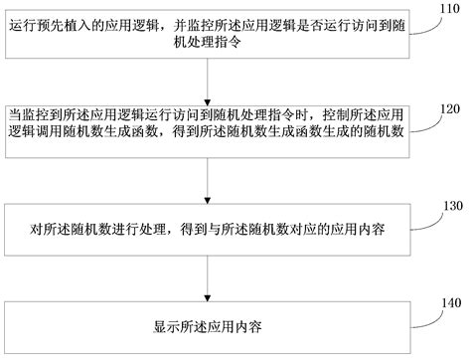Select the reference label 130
453,206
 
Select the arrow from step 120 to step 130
206,180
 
